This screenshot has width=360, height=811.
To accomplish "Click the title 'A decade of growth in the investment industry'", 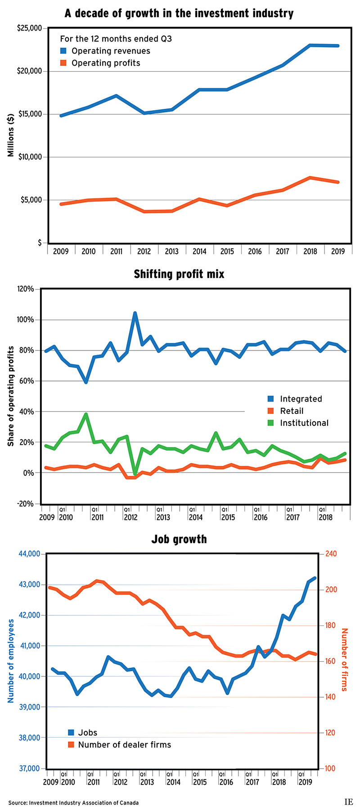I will tap(179, 13).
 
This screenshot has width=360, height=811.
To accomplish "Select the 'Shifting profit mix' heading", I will tap(179, 274).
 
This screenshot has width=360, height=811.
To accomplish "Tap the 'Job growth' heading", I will tap(179, 539).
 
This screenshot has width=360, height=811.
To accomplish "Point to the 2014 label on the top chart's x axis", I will tap(199, 251).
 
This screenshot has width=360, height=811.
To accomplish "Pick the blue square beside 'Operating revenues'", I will tap(63, 51).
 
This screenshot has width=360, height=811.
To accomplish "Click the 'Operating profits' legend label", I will tap(106, 63).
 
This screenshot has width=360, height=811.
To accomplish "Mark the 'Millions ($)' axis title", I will tap(10, 135).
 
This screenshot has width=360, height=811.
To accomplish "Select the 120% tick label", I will tap(25, 289).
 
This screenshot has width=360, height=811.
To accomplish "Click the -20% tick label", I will tap(25, 504).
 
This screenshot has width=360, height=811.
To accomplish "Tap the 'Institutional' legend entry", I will tap(304, 423).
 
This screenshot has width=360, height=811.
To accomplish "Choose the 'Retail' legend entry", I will tap(292, 411).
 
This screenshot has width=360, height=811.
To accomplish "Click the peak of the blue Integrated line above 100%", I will tap(135, 313).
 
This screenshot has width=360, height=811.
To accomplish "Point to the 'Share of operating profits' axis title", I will tap(10, 396).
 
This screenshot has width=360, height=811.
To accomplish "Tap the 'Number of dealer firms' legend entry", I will tap(124, 745).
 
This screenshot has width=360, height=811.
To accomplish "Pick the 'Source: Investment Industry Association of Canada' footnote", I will tap(73, 802).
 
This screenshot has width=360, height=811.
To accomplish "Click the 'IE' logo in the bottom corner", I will tap(348, 802).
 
